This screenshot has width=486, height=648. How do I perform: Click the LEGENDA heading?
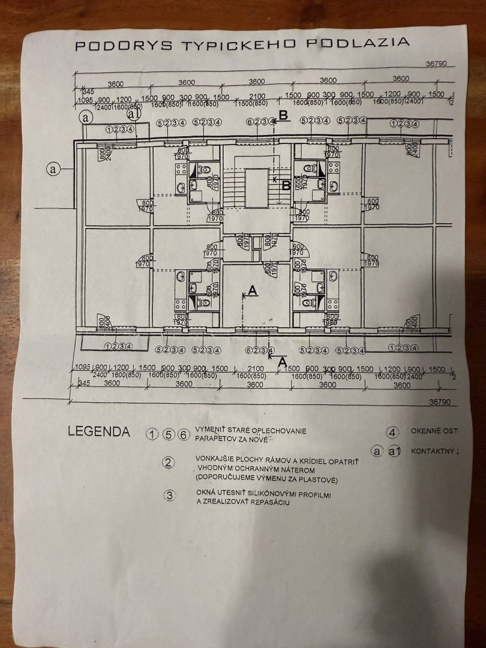(x=98, y=431)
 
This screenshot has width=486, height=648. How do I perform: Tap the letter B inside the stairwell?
(x=286, y=185)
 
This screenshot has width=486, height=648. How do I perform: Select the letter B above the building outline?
(x=284, y=116)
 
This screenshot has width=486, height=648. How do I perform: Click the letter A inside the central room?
(x=253, y=289)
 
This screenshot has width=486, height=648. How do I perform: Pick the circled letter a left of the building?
(x=53, y=170)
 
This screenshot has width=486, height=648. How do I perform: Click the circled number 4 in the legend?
(x=392, y=432)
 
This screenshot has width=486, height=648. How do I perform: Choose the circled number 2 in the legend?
(x=169, y=462)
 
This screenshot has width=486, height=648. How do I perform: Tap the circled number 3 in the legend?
(x=170, y=496)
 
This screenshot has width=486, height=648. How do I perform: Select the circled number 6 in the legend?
(x=183, y=433)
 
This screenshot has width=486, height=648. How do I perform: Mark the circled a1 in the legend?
(x=393, y=451)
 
